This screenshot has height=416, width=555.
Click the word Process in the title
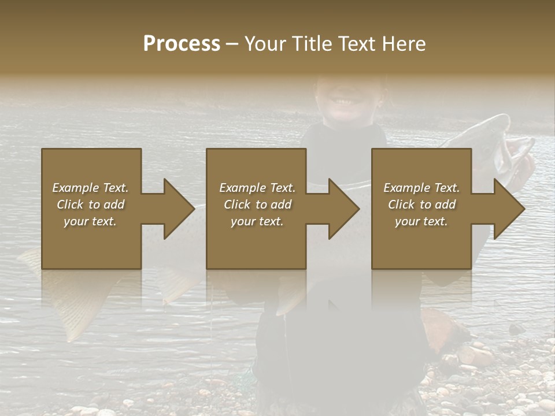pos(182,44)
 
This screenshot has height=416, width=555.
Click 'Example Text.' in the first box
pos(90,188)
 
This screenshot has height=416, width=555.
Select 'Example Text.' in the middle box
pos(257,188)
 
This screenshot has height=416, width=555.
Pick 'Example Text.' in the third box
pos(421,188)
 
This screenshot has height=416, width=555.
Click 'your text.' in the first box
pos(90,221)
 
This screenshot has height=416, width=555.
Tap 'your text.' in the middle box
pos(257,221)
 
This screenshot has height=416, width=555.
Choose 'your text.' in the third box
pos(421,221)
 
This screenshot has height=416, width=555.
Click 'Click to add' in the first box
pos(90,205)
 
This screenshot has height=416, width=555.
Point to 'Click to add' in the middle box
pos(257,205)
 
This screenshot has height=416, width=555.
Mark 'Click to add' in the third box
pos(421,205)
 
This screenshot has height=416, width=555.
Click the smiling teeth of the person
pos(343,102)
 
